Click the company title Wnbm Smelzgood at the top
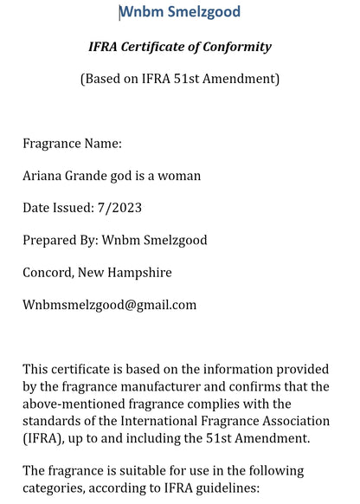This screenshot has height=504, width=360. pyautogui.click(x=180, y=12)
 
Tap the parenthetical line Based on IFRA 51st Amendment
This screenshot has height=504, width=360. pyautogui.click(x=180, y=79)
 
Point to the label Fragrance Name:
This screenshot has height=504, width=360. pyautogui.click(x=72, y=143)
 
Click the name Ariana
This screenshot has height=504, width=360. pyautogui.click(x=43, y=176)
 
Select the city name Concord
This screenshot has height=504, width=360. pyautogui.click(x=47, y=272)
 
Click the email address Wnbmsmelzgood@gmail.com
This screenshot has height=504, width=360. pyautogui.click(x=110, y=305)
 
